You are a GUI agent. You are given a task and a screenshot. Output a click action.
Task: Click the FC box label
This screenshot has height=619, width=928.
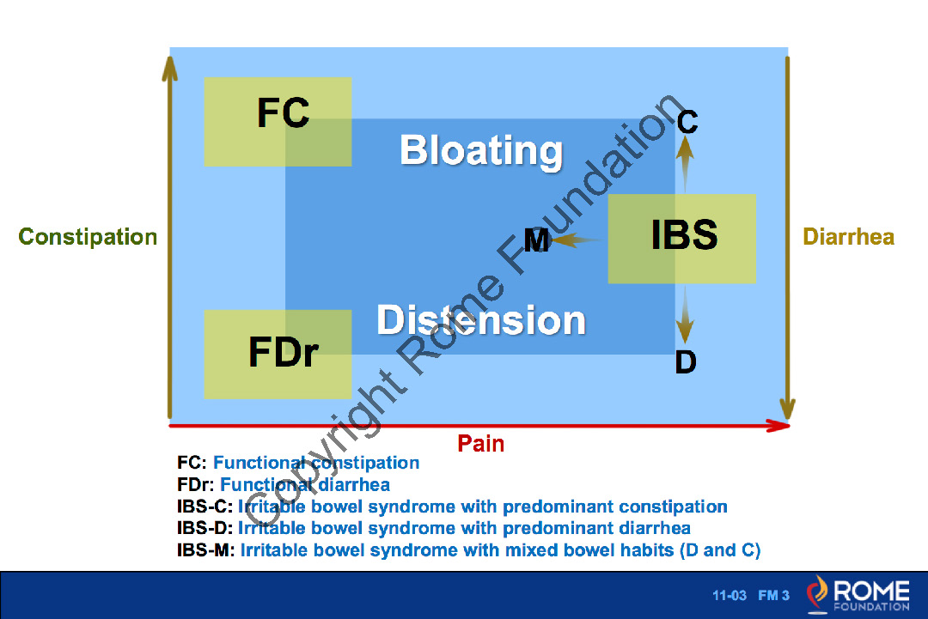tap(284, 112)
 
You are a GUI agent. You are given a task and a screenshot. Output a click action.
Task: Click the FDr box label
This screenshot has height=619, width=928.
tap(284, 352)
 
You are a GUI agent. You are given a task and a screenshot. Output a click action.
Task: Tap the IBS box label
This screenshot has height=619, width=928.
tap(684, 235)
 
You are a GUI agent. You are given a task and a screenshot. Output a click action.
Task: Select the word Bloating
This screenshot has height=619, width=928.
tap(481, 151)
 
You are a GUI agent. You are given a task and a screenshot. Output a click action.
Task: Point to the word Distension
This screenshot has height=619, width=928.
tap(481, 320)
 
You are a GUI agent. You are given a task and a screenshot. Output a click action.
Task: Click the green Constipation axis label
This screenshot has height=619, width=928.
tap(88, 237)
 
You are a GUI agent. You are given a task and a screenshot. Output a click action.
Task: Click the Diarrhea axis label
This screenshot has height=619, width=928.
tap(848, 237)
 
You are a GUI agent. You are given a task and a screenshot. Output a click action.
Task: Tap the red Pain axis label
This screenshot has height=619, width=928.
tap(480, 444)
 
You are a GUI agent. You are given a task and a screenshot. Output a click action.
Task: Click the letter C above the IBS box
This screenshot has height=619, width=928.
tap(687, 123)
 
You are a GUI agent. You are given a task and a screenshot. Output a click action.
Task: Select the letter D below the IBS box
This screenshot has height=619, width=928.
tap(685, 362)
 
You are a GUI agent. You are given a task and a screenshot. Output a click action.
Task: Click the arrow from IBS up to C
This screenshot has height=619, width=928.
tap(685, 164)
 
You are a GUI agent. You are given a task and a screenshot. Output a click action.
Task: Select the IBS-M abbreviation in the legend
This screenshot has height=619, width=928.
tap(205, 550)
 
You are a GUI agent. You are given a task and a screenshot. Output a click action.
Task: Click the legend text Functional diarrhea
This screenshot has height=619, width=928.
tap(305, 485)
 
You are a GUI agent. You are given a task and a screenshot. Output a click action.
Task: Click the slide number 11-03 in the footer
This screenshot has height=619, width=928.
tap(730, 596)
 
